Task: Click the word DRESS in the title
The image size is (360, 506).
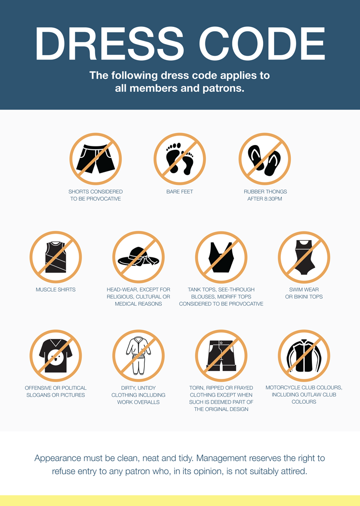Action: pos(109,44)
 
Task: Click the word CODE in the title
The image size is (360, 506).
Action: pos(262,44)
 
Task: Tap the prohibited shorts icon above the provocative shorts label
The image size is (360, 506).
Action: pos(96,159)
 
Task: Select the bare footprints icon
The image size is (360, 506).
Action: pos(180,159)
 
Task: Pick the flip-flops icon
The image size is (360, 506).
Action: pos(265,159)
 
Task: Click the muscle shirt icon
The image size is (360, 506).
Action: pos(56,257)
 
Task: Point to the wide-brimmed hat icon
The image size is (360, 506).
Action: pos(138,257)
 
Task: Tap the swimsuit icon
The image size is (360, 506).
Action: pos(304,257)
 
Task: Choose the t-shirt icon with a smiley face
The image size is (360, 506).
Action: pos(56,355)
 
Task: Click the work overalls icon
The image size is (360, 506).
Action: pos(138,355)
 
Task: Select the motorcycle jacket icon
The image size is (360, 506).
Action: pos(304,355)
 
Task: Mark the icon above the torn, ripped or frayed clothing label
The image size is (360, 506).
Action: pos(221,355)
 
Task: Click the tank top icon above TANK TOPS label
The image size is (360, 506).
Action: pos(221,257)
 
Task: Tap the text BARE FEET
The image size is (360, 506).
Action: pos(180,192)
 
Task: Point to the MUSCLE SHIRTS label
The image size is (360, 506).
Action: pos(56,290)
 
